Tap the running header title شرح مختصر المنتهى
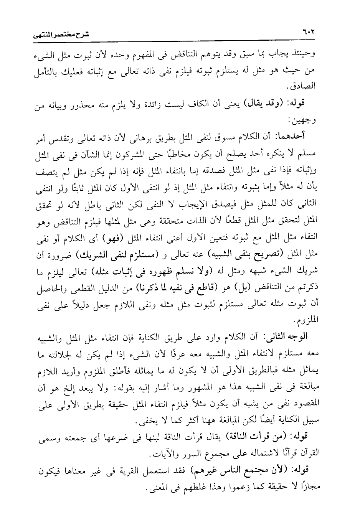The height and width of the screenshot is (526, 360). click(x=67, y=35)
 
